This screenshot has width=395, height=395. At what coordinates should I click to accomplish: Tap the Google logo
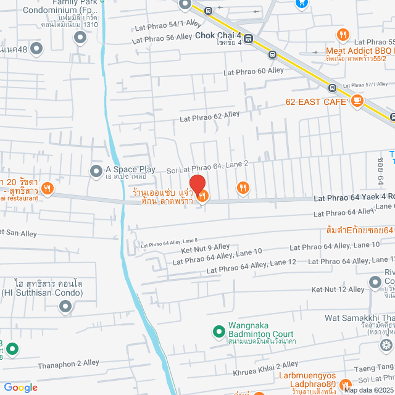20,387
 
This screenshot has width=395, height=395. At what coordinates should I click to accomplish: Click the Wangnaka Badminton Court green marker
218,331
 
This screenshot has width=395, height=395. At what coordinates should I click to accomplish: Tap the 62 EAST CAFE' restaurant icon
357,102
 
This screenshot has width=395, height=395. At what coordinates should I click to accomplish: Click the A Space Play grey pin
96,170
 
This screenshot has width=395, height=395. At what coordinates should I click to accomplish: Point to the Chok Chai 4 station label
218,36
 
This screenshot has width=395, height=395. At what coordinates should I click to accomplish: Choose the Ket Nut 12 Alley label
338,289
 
